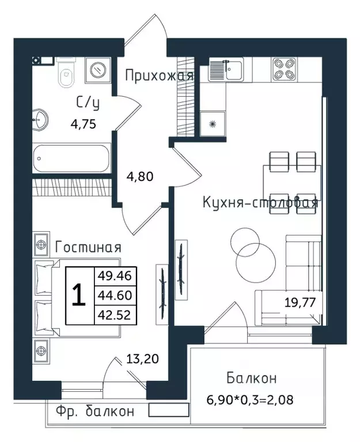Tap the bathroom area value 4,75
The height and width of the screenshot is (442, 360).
[x=83, y=123]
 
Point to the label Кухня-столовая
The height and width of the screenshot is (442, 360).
[x=260, y=203]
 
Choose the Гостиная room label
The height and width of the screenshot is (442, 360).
[x=88, y=247]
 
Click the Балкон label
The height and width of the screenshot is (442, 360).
[x=251, y=379]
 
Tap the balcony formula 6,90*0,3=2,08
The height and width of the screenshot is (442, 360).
[x=251, y=399]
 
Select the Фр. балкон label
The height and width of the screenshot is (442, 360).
[x=95, y=411]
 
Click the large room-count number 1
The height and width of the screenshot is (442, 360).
[x=79, y=295]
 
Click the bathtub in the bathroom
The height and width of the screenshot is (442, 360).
[x=71, y=158]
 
